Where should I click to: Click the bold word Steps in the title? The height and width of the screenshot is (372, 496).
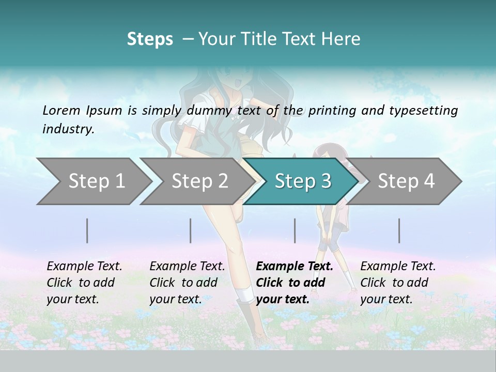pos(150,39)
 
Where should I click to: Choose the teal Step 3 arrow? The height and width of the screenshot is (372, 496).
pos(303,181)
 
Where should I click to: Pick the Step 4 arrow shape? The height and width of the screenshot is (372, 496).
pos(406,181)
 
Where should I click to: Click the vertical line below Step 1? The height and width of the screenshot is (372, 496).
pos(87,230)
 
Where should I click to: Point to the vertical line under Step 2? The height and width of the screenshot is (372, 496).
pos(191,230)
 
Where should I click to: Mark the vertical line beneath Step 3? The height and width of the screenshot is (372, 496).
pos(295,230)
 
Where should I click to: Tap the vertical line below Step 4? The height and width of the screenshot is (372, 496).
pos(399,230)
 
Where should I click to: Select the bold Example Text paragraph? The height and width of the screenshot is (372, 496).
pos(295,283)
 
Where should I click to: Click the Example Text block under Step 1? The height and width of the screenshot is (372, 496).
pos(84,283)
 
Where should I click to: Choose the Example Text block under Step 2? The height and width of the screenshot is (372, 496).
pos(187,283)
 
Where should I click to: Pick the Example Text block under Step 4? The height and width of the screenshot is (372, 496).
pos(398,283)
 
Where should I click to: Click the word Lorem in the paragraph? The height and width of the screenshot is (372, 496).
pos(61,110)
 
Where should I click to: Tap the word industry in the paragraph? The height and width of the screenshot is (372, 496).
pos(68,129)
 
